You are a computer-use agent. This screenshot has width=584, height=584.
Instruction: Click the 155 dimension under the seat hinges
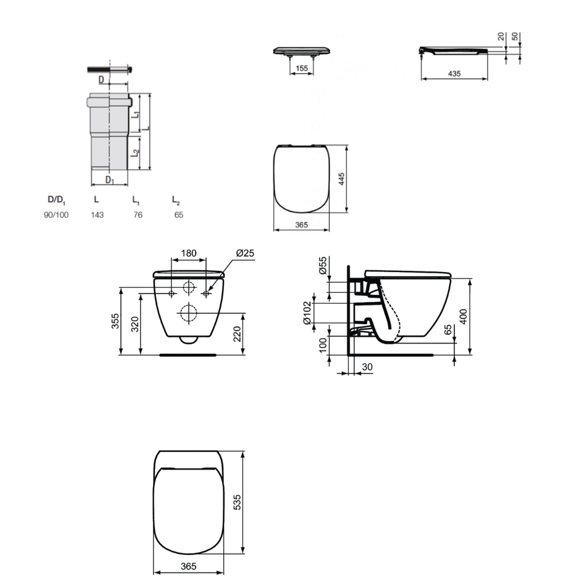point(302,68)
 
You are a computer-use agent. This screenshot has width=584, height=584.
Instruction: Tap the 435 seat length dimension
point(454,74)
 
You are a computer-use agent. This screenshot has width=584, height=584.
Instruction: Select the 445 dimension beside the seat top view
point(341,179)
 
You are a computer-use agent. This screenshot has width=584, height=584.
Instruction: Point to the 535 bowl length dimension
point(237,502)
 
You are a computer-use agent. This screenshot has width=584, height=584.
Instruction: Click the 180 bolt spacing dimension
point(189,253)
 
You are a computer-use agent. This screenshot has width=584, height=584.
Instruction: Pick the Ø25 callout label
point(245,253)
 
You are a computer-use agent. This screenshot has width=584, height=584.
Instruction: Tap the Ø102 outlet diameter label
point(307,313)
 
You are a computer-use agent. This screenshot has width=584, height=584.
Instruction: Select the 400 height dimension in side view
point(463,317)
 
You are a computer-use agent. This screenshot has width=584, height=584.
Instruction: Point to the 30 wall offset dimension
point(367,367)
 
